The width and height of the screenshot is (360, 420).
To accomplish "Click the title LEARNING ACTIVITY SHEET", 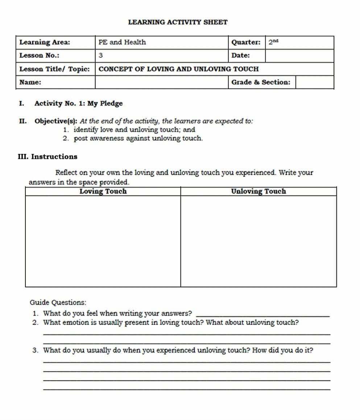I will [x=178, y=22].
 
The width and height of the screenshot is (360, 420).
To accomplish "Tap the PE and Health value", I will [x=122, y=42].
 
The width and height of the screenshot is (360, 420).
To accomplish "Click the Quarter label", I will [x=246, y=42].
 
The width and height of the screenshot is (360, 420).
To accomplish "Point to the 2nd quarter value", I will [x=273, y=42].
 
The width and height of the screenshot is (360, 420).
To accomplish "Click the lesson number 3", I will [x=101, y=56].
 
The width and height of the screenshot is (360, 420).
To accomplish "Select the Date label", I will [x=241, y=56].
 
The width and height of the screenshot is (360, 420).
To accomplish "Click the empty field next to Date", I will [x=299, y=56].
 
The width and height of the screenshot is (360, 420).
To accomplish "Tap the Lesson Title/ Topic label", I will [x=54, y=69].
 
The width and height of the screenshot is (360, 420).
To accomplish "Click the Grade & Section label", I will [x=261, y=82].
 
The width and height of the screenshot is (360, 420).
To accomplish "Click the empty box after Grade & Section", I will [x=314, y=82].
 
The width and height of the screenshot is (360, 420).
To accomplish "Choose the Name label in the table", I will [x=30, y=82].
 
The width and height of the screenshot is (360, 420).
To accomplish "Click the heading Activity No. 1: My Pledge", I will [x=78, y=103].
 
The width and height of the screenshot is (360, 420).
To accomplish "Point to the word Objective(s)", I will [x=55, y=121].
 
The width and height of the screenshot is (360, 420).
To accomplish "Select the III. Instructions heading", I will [x=47, y=157].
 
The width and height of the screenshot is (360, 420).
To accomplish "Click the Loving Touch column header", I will [x=103, y=192].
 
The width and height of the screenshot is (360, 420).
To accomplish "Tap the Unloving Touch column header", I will [x=258, y=192].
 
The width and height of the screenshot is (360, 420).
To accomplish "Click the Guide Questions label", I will [x=58, y=302].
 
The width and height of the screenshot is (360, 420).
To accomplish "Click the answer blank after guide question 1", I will [x=262, y=314].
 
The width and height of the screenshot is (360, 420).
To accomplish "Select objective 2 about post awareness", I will [x=138, y=139].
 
